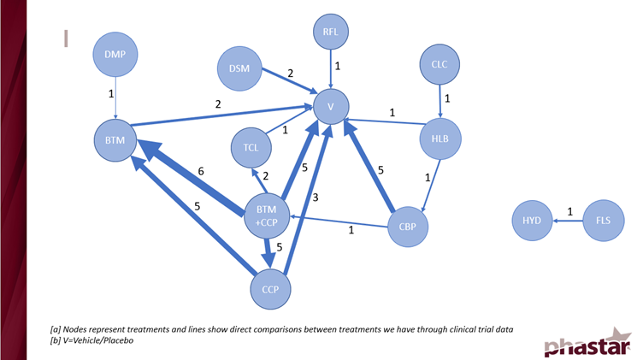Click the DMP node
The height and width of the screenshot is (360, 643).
coord(115,56)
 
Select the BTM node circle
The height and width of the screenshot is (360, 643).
coord(115,138)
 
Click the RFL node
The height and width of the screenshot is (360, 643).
coord(330,33)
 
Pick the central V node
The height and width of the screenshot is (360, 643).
coord(330,107)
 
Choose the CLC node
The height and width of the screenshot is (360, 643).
coord(439,64)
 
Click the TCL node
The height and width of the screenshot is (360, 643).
coord(251,148)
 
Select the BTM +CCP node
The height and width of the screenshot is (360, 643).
coord(266,215)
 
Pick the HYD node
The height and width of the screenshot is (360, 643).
coord(532,221)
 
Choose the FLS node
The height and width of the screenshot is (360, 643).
coord(604,221)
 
